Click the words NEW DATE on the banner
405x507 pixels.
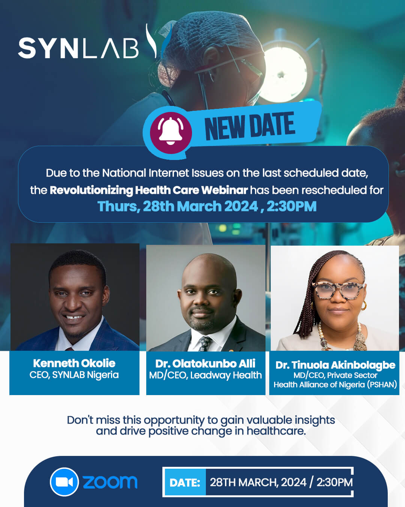click(x=250, y=127)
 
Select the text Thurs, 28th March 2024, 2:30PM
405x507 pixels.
click(x=207, y=207)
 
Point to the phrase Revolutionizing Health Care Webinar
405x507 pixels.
click(x=149, y=190)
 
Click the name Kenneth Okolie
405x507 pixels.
click(x=74, y=363)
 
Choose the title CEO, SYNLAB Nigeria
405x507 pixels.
click(x=74, y=375)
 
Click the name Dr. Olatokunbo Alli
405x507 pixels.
click(x=205, y=364)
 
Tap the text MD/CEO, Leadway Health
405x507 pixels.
click(x=205, y=375)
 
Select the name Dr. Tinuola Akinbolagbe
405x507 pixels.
click(x=335, y=365)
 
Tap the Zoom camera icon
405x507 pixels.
click(x=64, y=482)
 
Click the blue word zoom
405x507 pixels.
click(x=110, y=482)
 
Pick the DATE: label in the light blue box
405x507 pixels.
click(x=185, y=483)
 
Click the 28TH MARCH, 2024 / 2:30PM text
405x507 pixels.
click(x=281, y=482)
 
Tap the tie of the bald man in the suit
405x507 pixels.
click(x=205, y=343)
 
